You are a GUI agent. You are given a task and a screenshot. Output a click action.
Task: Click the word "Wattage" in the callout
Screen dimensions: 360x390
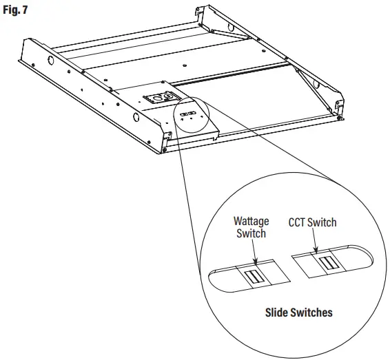click(x=253, y=223)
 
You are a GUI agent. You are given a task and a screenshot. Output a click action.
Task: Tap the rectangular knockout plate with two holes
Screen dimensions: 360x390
click(x=158, y=98)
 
